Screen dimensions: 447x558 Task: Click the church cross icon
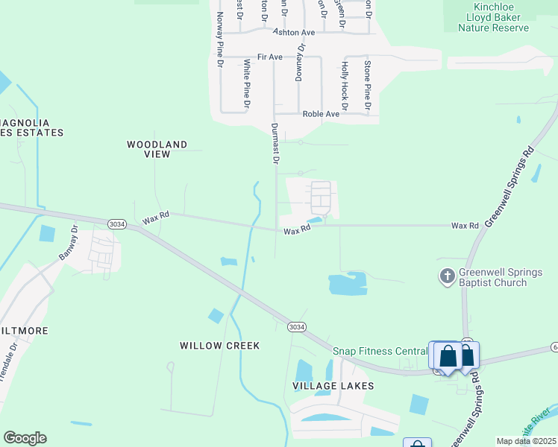447,276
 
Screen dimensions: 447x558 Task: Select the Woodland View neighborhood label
157,149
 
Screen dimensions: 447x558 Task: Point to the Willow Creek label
220,346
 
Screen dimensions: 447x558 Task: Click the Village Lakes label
333,386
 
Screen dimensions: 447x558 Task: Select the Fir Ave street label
269,57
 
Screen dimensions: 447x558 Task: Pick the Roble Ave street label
321,114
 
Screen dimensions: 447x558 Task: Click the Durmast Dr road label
275,143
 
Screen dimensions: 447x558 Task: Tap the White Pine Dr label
246,83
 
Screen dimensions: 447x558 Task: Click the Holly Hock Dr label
345,82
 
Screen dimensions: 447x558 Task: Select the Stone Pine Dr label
367,84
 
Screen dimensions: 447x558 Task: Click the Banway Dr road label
69,243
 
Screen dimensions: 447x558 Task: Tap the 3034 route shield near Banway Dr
116,223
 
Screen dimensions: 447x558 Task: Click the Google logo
25,438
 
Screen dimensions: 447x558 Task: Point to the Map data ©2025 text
525,441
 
